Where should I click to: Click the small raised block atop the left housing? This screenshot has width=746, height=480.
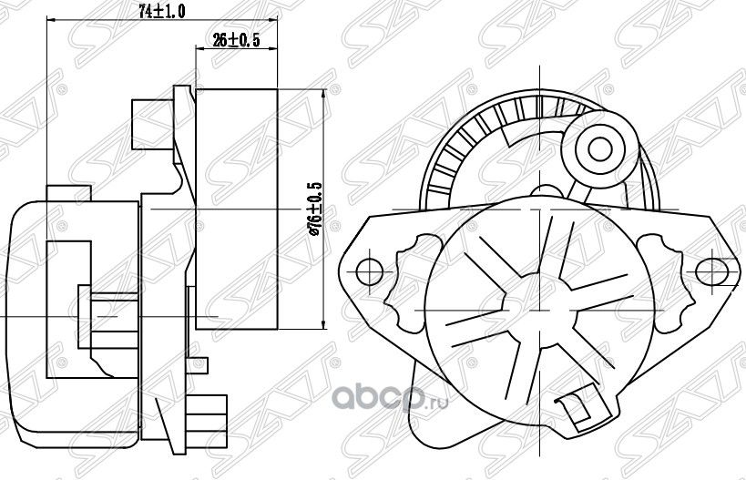pos(69,194)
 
